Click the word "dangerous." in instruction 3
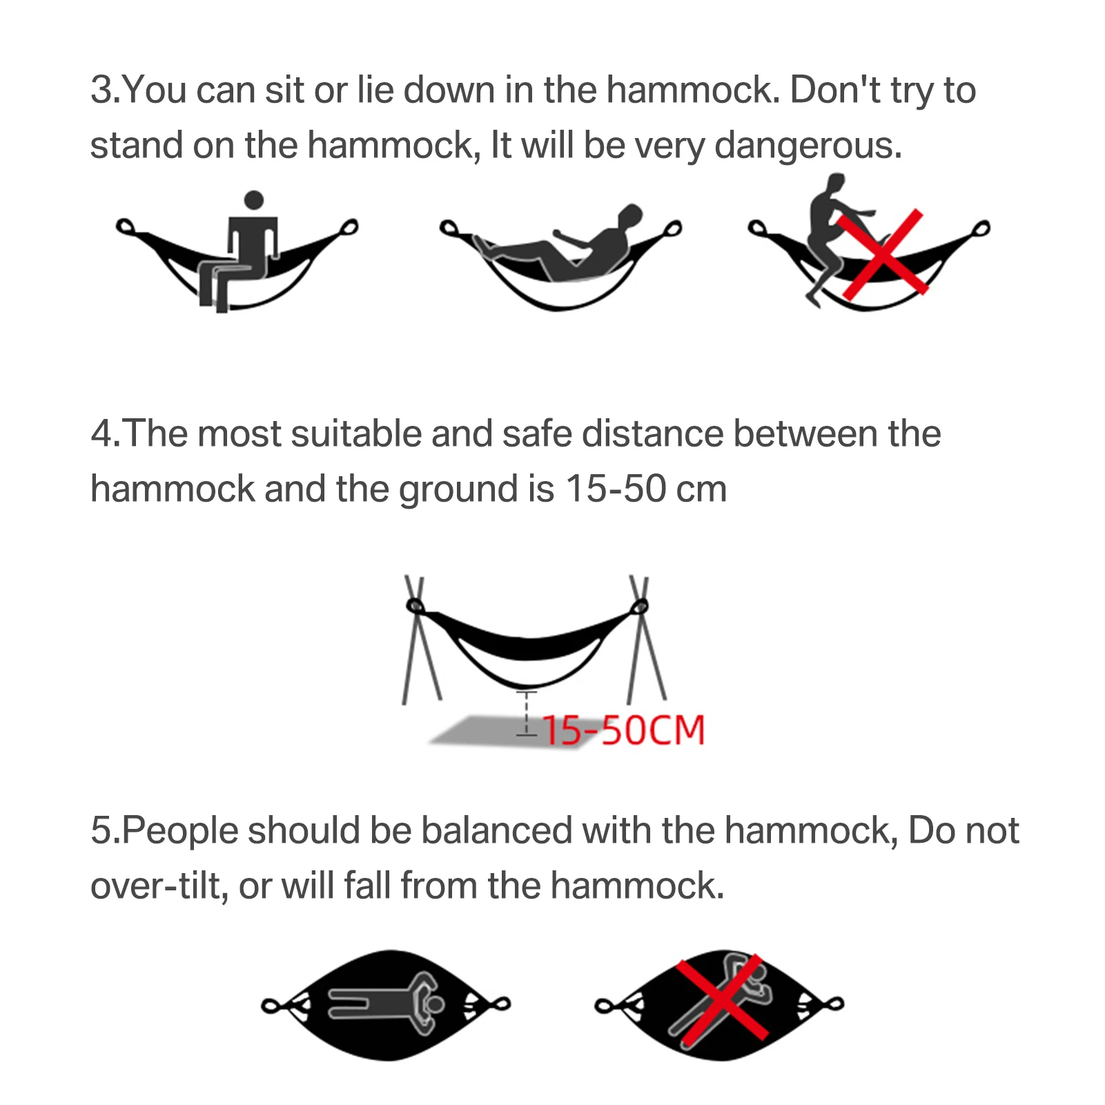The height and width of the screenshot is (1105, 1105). [808, 146]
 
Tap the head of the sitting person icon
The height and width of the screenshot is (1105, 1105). [254, 200]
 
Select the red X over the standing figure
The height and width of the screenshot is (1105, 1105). [882, 254]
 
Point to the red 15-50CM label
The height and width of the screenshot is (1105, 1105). [623, 730]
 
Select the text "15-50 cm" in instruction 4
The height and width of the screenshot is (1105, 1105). [645, 489]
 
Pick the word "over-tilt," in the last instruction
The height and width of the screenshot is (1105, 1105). [159, 886]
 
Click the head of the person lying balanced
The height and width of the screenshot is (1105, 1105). [436, 1004]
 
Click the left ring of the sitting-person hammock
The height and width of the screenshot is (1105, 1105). [124, 226]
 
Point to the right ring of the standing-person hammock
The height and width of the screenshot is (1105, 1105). [981, 228]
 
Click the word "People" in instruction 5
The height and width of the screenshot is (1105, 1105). [181, 830]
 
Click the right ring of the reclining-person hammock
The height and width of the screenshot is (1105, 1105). [672, 228]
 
